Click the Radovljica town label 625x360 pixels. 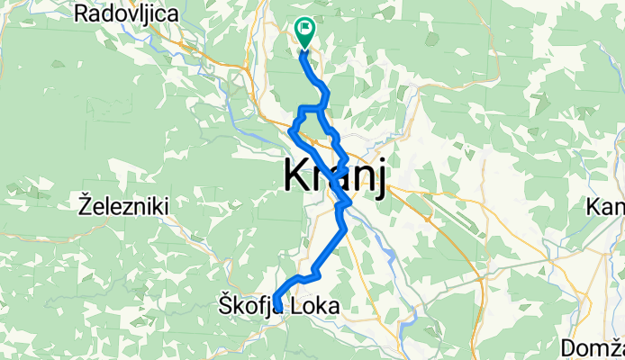(x=126, y=14)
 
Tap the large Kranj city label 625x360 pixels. (x=335, y=175)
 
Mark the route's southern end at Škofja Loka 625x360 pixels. (x=277, y=309)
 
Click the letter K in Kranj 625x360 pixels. (x=298, y=175)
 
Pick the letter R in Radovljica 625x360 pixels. (x=83, y=14)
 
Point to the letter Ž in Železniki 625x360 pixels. (x=86, y=206)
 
